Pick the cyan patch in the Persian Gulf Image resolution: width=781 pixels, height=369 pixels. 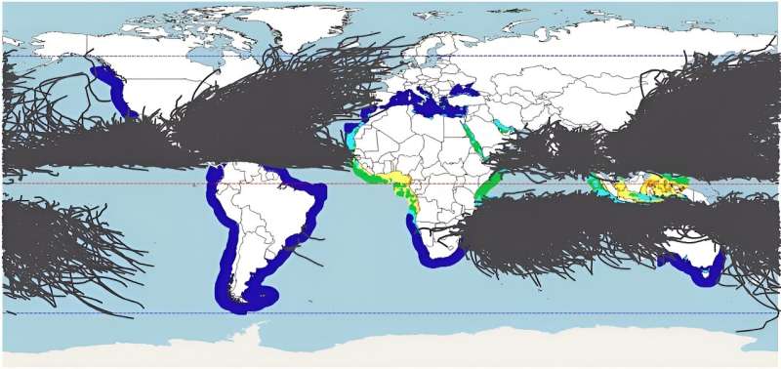point(504,128)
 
